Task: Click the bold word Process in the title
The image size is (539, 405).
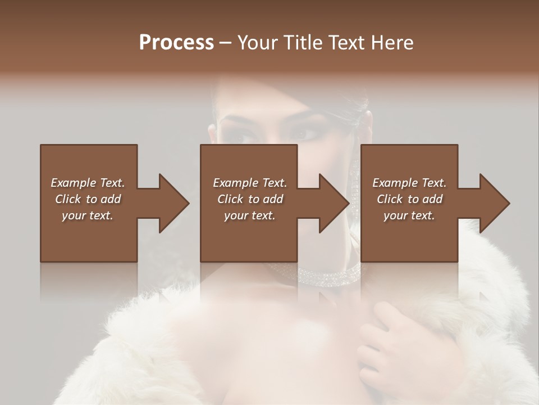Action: point(176,43)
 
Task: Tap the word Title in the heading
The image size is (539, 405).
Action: point(300,43)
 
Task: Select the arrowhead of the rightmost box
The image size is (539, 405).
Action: point(494,203)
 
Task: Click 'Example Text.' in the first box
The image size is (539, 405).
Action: point(88,183)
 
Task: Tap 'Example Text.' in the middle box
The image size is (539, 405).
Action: point(250,183)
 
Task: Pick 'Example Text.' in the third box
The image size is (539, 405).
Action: point(409,183)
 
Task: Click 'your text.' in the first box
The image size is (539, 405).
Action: point(88,215)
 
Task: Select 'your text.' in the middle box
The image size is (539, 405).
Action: point(250,215)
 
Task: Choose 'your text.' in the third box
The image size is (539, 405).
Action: point(409,215)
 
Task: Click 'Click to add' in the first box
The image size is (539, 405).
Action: point(88,199)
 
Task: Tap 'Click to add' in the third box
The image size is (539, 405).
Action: point(409,199)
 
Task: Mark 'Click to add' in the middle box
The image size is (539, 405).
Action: point(250,199)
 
